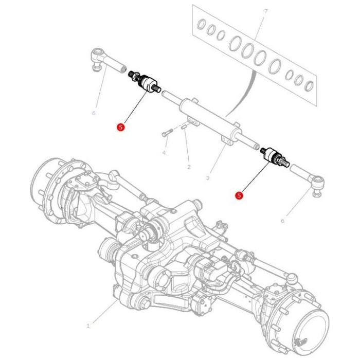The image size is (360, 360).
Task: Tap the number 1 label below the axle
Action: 88,326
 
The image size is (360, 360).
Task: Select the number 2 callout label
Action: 189,167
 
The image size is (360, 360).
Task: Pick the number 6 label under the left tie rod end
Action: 94,113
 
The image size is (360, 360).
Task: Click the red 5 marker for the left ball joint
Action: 120,127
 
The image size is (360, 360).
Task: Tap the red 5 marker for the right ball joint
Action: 238,195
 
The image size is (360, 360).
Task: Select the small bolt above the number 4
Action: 165,134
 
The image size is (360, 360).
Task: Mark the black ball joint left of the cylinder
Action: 148,83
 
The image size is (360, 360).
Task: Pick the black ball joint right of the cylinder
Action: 272,156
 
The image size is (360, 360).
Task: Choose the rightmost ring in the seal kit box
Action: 310,84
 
